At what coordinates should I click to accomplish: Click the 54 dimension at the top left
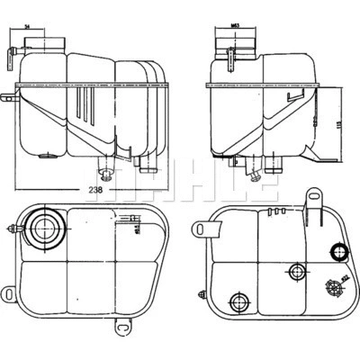(x=53, y=30)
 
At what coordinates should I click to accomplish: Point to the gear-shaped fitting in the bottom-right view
(x=334, y=288)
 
